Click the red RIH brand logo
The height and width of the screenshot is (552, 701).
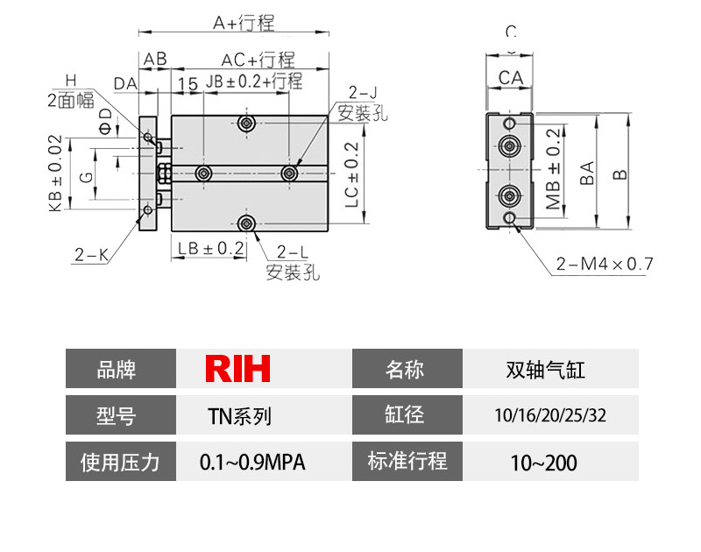[237, 369]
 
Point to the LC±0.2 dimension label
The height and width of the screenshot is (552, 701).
[352, 175]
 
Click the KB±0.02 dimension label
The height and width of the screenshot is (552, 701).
[54, 173]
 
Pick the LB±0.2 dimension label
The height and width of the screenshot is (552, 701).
[210, 248]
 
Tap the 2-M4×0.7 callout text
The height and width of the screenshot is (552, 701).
[604, 263]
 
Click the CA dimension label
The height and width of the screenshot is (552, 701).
[511, 78]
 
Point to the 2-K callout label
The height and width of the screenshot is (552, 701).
[90, 255]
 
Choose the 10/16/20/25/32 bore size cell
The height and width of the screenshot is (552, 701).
[550, 415]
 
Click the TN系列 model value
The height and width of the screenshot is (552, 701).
[238, 415]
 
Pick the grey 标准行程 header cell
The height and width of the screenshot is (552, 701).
[407, 461]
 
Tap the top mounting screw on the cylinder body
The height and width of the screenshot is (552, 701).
[248, 124]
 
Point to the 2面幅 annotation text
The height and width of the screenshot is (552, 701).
[70, 100]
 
